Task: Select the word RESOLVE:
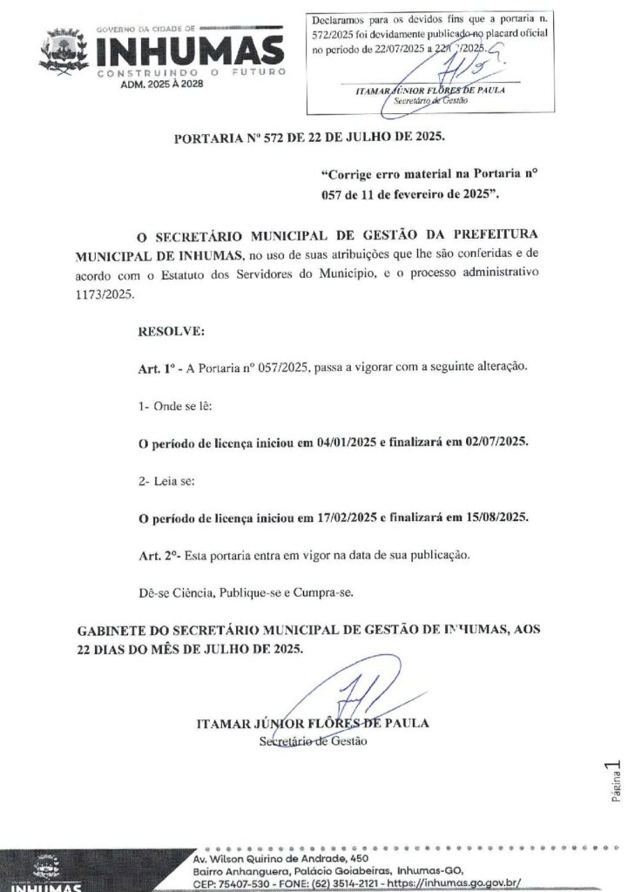pyautogui.click(x=172, y=332)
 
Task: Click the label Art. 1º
pyautogui.click(x=155, y=369)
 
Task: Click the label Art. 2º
pyautogui.click(x=156, y=555)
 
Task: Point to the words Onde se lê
pyautogui.click(x=179, y=406)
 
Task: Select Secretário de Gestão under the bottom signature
pyautogui.click(x=314, y=741)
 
